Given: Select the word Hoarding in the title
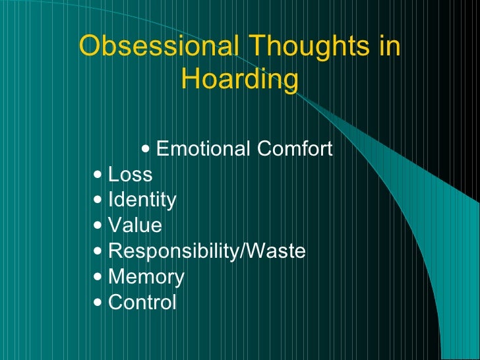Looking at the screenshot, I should (x=239, y=80).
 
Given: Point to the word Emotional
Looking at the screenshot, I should (x=204, y=149).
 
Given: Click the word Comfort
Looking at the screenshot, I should (x=294, y=149).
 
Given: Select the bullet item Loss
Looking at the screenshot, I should (x=130, y=175).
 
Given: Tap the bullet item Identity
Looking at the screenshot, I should (x=142, y=200).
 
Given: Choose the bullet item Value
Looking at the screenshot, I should (x=135, y=225).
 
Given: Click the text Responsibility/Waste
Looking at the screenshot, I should (x=206, y=251).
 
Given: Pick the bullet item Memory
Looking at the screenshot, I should (x=146, y=277).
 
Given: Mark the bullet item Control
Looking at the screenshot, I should (x=142, y=303).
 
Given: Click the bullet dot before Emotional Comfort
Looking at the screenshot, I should (x=146, y=150).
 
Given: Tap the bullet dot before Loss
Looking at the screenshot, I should (x=98, y=175).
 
